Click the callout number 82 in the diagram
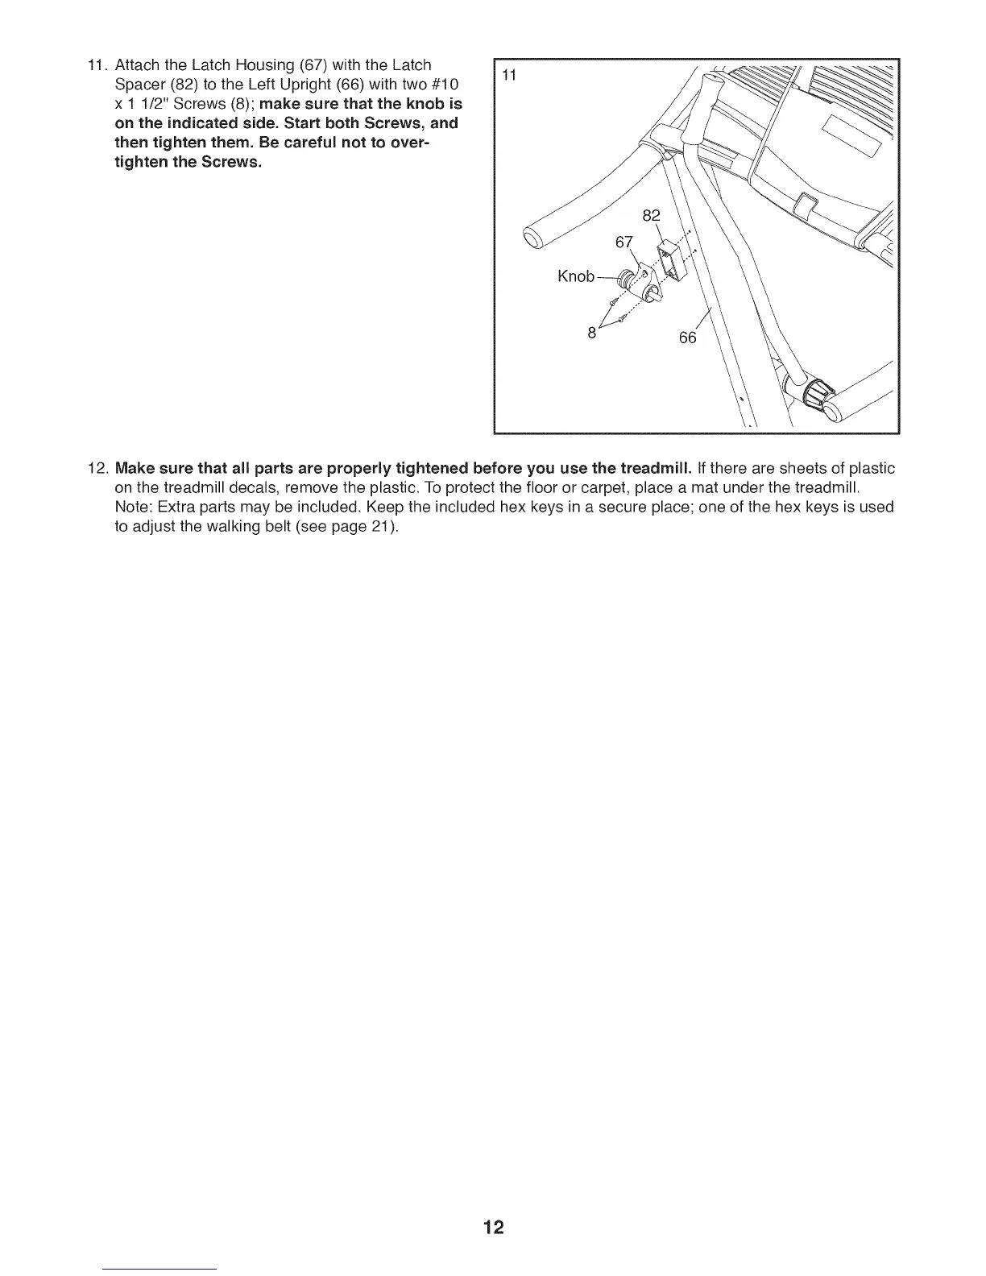651,215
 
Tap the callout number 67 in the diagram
624,242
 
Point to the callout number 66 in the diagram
687,338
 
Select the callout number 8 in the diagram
591,332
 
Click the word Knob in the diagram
576,276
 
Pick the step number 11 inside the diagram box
508,76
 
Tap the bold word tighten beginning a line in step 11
138,162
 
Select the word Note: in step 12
134,507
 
